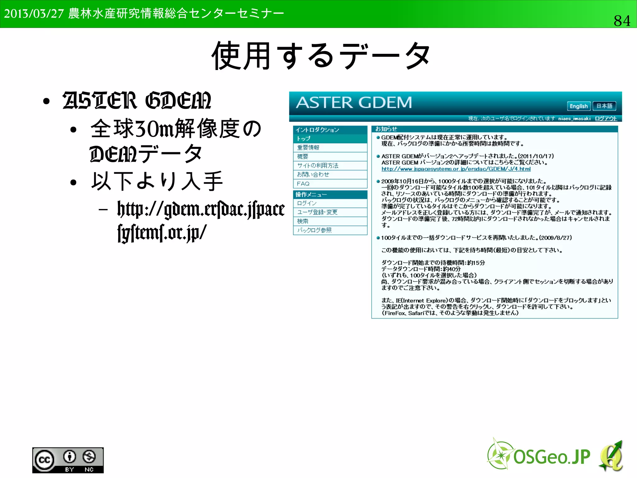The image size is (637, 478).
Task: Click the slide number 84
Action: pos(622,21)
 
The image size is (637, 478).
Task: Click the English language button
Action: pos(579,106)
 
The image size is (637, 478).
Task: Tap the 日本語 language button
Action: pos(604,106)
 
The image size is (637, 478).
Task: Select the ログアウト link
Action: pos(606,118)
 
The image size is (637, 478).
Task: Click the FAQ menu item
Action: pos(303,184)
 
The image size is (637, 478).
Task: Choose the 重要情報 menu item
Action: pos(308,148)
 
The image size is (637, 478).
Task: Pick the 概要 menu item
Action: pos(303,157)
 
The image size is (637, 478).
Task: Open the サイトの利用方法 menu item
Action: pos(318,166)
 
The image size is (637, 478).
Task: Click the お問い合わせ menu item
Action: pos(313,175)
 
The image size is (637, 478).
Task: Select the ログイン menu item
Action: pos(307,203)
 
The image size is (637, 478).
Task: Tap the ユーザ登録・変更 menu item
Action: pos(317,212)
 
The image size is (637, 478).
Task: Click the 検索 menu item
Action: pos(303,221)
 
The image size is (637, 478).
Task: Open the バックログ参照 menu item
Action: pos(314,230)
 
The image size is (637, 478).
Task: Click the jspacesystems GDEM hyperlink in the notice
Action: pos(456,169)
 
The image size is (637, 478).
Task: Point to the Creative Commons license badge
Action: pos(68,460)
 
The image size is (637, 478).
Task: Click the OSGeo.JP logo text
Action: pos(551,457)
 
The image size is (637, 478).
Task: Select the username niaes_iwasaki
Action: pos(574,118)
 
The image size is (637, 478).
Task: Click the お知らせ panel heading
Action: pos(386,129)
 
